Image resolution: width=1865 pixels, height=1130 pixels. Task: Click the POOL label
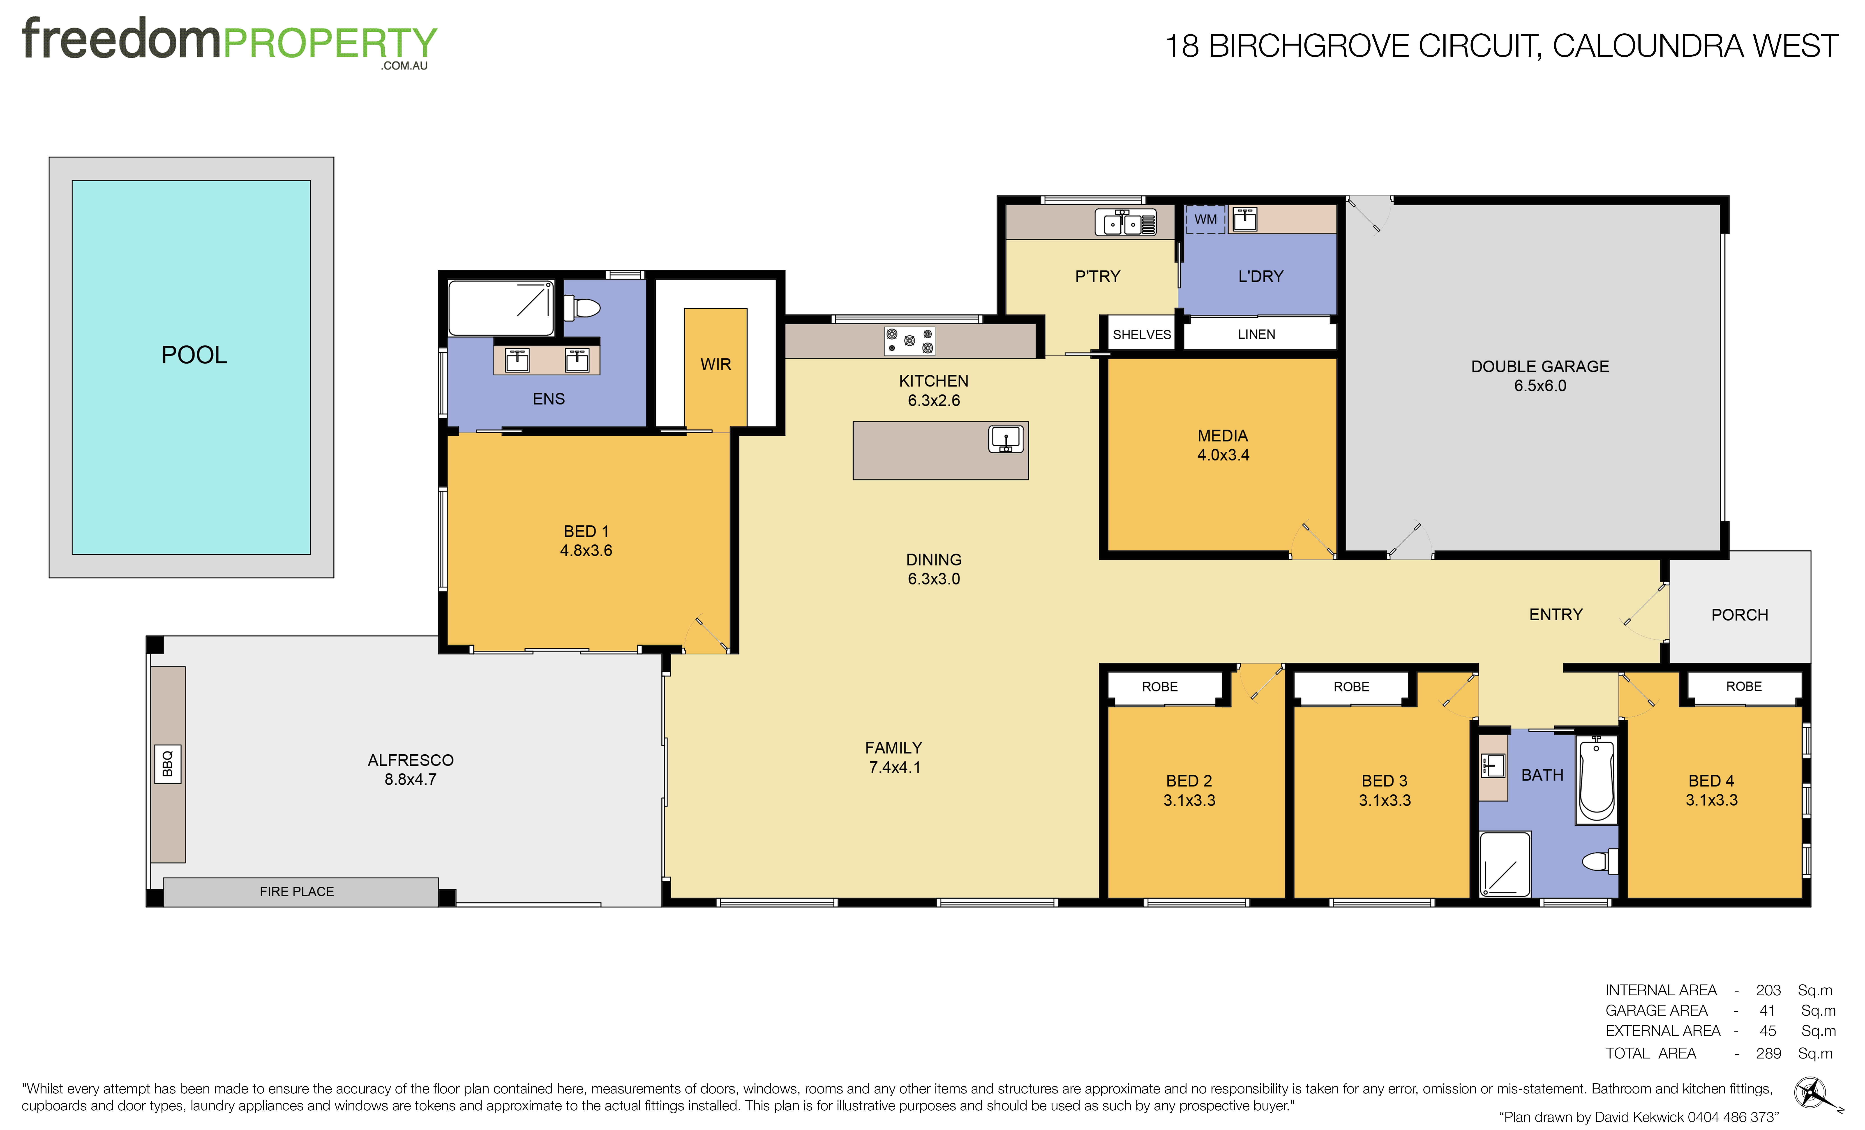194,355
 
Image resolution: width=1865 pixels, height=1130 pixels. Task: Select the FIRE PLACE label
297,892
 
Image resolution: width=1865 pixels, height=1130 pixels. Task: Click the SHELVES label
1141,335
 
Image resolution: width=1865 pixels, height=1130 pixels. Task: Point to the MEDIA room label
1222,436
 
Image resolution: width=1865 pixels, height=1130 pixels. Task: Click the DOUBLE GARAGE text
1540,366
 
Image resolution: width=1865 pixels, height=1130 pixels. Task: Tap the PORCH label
1739,615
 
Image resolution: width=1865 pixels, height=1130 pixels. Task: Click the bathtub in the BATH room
1596,780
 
